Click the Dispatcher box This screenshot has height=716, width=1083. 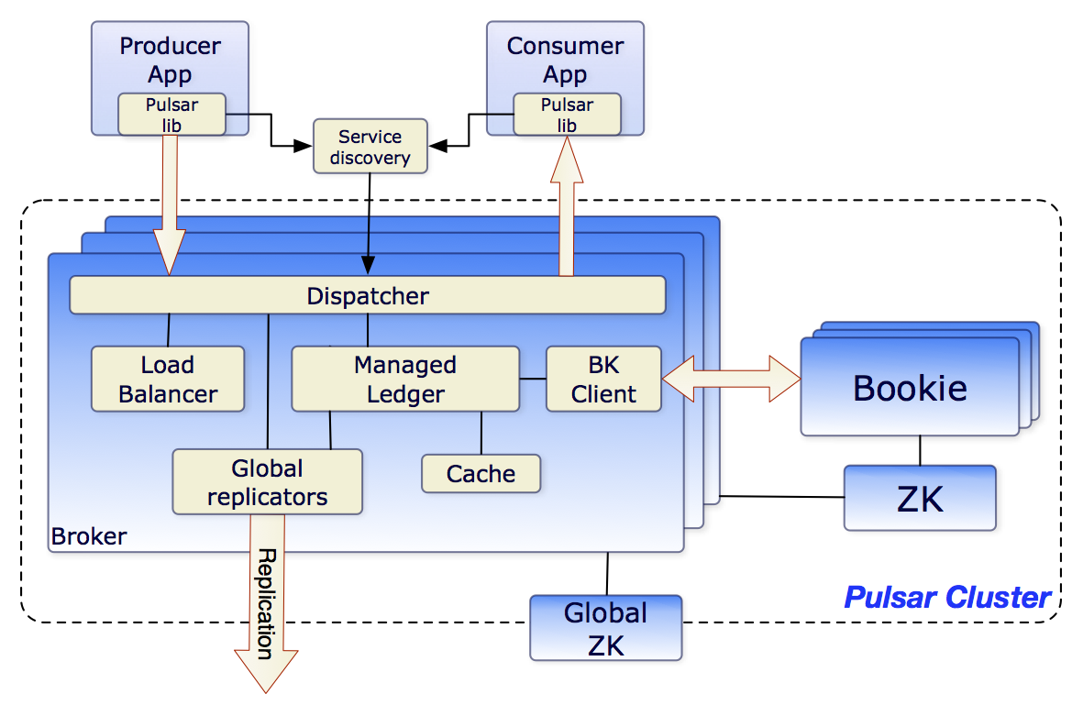coord(367,296)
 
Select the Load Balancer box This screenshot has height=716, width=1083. coord(168,379)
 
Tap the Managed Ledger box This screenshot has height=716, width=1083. coord(404,379)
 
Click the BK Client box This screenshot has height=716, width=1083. coord(603,379)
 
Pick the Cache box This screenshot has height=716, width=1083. coord(481,474)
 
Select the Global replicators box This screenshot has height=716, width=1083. coord(267,482)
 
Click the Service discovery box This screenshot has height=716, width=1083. coord(370,147)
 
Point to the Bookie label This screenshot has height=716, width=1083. coord(910,388)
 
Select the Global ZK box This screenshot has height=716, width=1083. coord(605,628)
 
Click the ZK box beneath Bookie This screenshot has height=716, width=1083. coord(920,499)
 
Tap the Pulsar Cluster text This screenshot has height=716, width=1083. coord(946,598)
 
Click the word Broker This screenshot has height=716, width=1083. coord(89,535)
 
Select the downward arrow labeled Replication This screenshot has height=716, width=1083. coord(266,605)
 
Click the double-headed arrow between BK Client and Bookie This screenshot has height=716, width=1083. coord(731,378)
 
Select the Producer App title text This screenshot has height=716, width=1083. coord(170,59)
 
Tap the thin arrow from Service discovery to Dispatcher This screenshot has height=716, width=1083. coord(369,220)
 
